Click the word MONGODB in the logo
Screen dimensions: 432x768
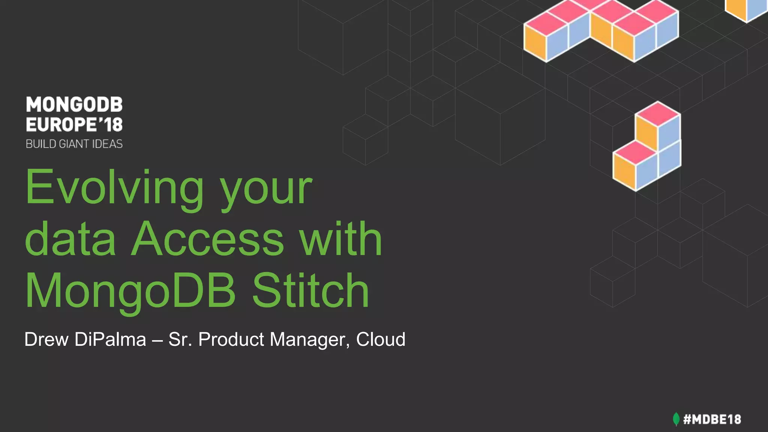74,105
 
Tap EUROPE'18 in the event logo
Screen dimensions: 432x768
74,124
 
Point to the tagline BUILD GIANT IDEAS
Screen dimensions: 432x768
74,144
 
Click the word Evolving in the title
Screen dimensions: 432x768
114,187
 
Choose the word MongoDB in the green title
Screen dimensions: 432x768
130,291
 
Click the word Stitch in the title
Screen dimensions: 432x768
310,291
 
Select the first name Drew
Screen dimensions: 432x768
46,339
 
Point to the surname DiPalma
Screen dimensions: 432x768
110,339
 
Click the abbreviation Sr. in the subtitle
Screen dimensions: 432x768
180,339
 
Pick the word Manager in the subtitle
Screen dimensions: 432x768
310,340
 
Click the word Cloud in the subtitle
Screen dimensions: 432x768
381,339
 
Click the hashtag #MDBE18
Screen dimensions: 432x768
712,419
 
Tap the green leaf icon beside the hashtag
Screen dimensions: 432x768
676,419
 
